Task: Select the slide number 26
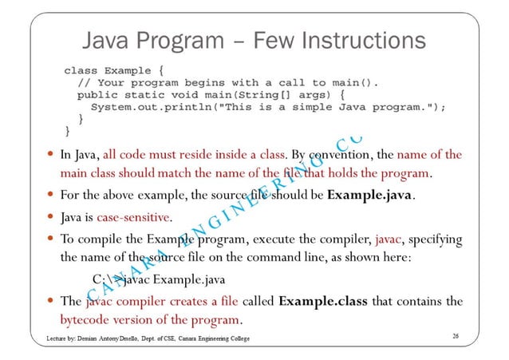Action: tap(455, 338)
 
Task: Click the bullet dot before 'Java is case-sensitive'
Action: tap(50, 216)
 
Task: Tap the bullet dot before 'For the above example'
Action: tap(50, 195)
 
